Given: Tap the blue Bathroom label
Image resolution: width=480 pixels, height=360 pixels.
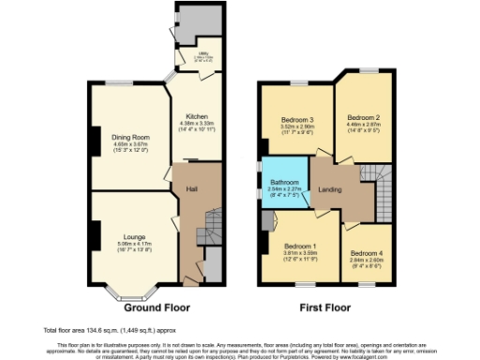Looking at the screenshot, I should click(285, 182).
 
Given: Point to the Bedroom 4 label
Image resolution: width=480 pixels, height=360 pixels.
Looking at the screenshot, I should click(367, 253).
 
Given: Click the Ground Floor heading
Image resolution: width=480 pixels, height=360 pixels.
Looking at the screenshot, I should click(155, 307).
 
